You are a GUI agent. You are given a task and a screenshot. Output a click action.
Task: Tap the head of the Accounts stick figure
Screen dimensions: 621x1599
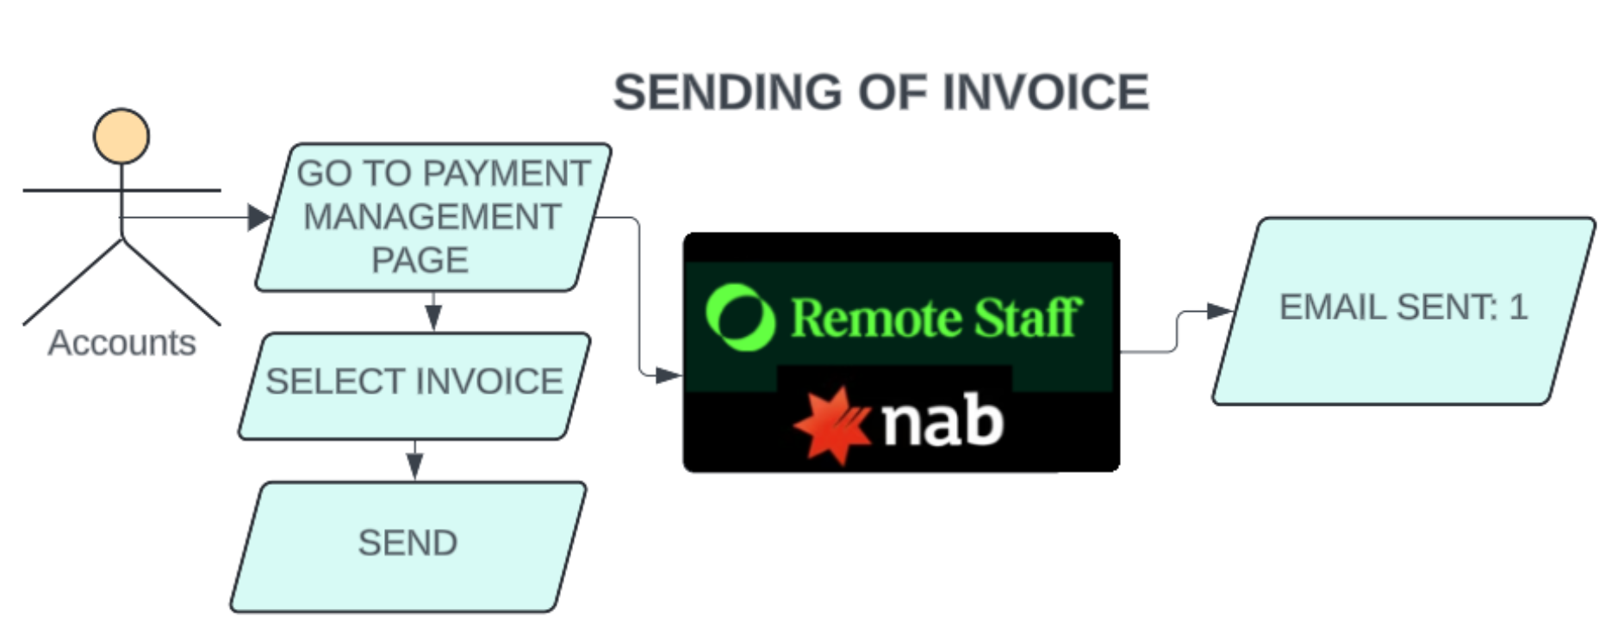(x=121, y=136)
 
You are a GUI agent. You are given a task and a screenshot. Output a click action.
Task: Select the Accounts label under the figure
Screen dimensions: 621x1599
(x=121, y=343)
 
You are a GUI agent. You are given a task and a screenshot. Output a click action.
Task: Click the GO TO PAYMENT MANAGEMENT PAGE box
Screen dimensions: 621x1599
(x=432, y=217)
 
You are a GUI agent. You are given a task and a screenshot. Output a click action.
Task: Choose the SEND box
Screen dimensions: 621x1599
(x=408, y=543)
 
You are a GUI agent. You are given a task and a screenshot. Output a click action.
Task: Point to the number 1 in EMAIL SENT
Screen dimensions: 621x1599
(x=1518, y=307)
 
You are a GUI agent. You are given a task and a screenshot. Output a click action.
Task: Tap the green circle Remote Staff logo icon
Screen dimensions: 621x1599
(x=739, y=317)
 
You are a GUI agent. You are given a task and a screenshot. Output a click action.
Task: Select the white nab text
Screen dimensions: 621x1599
(x=942, y=421)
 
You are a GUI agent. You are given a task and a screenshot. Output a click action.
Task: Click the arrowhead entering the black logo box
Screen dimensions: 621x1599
(x=669, y=375)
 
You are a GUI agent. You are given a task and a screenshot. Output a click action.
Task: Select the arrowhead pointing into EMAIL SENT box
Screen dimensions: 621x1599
(x=1219, y=311)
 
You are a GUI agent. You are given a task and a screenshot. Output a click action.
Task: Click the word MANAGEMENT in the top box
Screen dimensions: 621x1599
(x=432, y=217)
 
